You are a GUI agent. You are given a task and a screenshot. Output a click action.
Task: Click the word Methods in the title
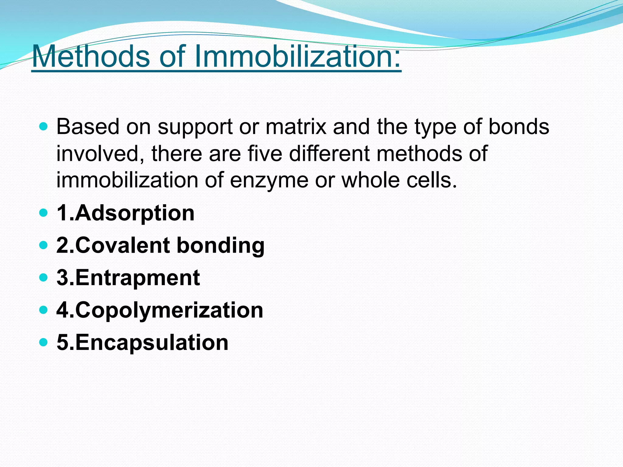tap(91, 57)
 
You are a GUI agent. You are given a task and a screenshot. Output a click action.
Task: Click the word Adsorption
tap(134, 213)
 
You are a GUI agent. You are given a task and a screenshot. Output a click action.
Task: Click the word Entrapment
tap(137, 278)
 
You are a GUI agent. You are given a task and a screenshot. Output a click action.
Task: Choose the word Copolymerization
tap(169, 310)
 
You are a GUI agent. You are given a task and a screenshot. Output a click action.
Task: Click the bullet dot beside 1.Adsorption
tap(44, 213)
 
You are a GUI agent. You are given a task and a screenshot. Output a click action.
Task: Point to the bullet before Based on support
tap(44, 126)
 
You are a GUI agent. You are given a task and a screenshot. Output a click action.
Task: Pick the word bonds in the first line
tap(519, 127)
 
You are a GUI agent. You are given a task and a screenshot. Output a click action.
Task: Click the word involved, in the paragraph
tap(100, 154)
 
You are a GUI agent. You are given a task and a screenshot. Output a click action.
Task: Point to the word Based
tap(88, 127)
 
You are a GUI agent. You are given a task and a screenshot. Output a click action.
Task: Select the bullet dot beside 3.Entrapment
tap(44, 277)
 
